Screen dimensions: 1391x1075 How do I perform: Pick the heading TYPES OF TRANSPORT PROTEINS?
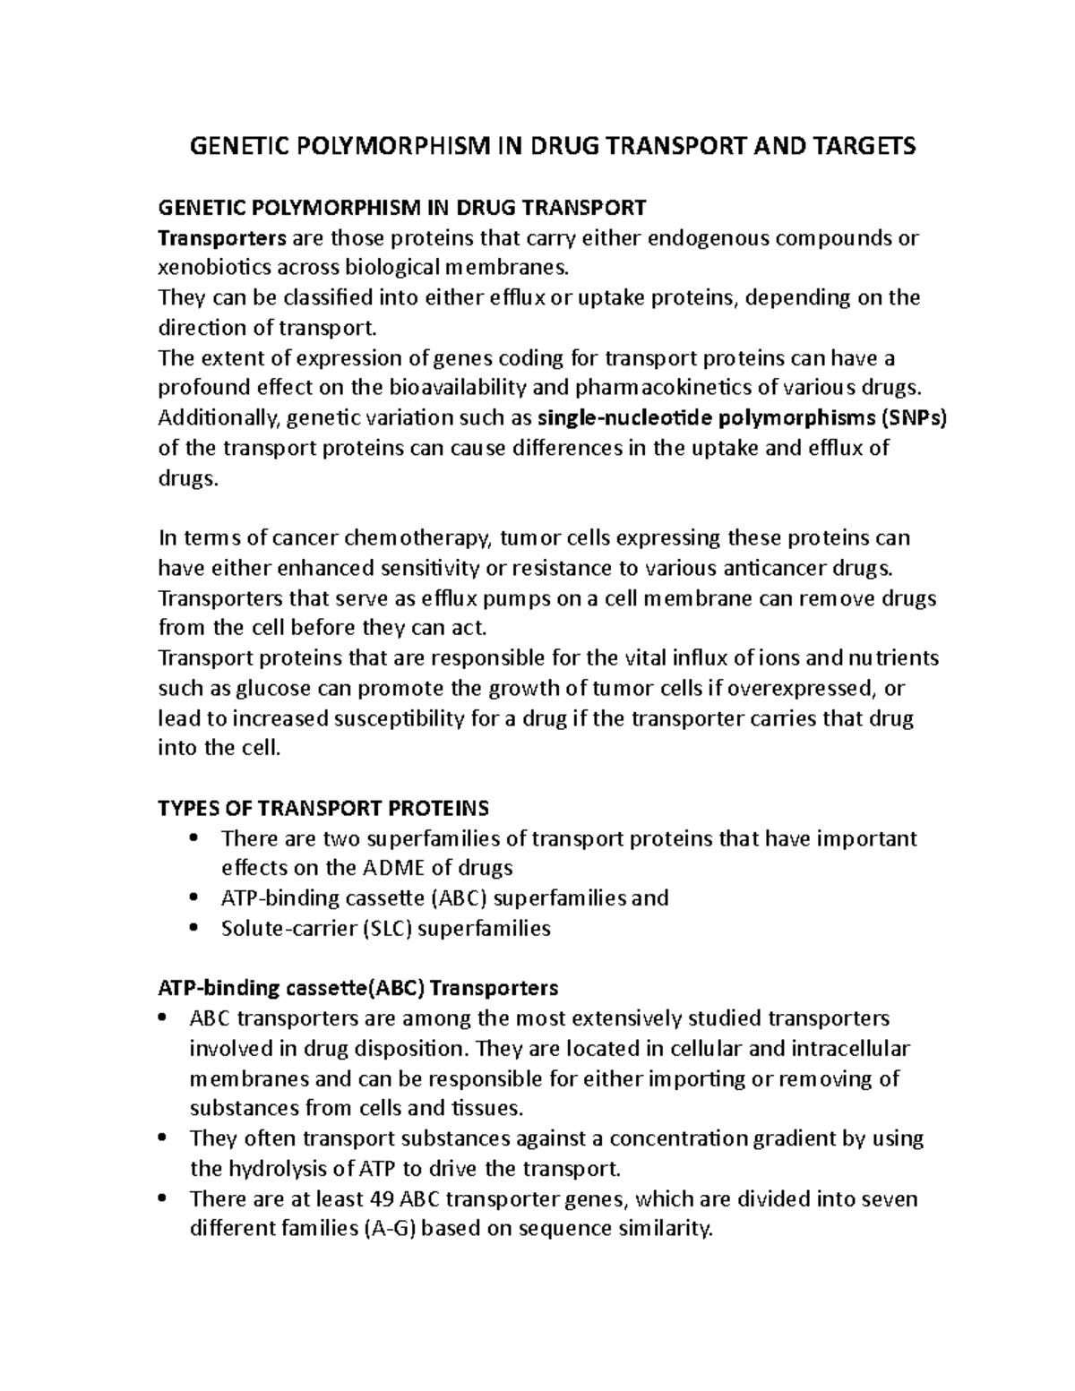(322, 808)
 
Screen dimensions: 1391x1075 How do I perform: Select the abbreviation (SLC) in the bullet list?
(387, 928)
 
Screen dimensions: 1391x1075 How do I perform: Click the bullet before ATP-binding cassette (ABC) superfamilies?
(196, 898)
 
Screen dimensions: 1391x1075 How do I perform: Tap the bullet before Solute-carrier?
(196, 928)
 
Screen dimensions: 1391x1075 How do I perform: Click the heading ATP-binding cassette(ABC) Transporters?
(357, 988)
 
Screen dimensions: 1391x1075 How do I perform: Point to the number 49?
(383, 1198)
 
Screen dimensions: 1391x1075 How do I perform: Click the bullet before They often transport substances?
(163, 1138)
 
